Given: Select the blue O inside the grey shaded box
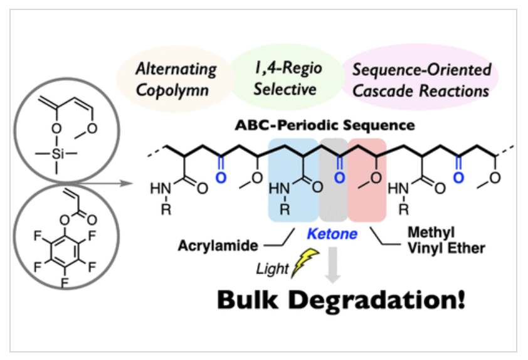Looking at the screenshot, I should pyautogui.click(x=339, y=178).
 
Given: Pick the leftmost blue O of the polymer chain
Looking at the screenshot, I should pyautogui.click(x=220, y=178).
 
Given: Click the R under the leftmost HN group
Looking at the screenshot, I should pyautogui.click(x=166, y=207).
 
